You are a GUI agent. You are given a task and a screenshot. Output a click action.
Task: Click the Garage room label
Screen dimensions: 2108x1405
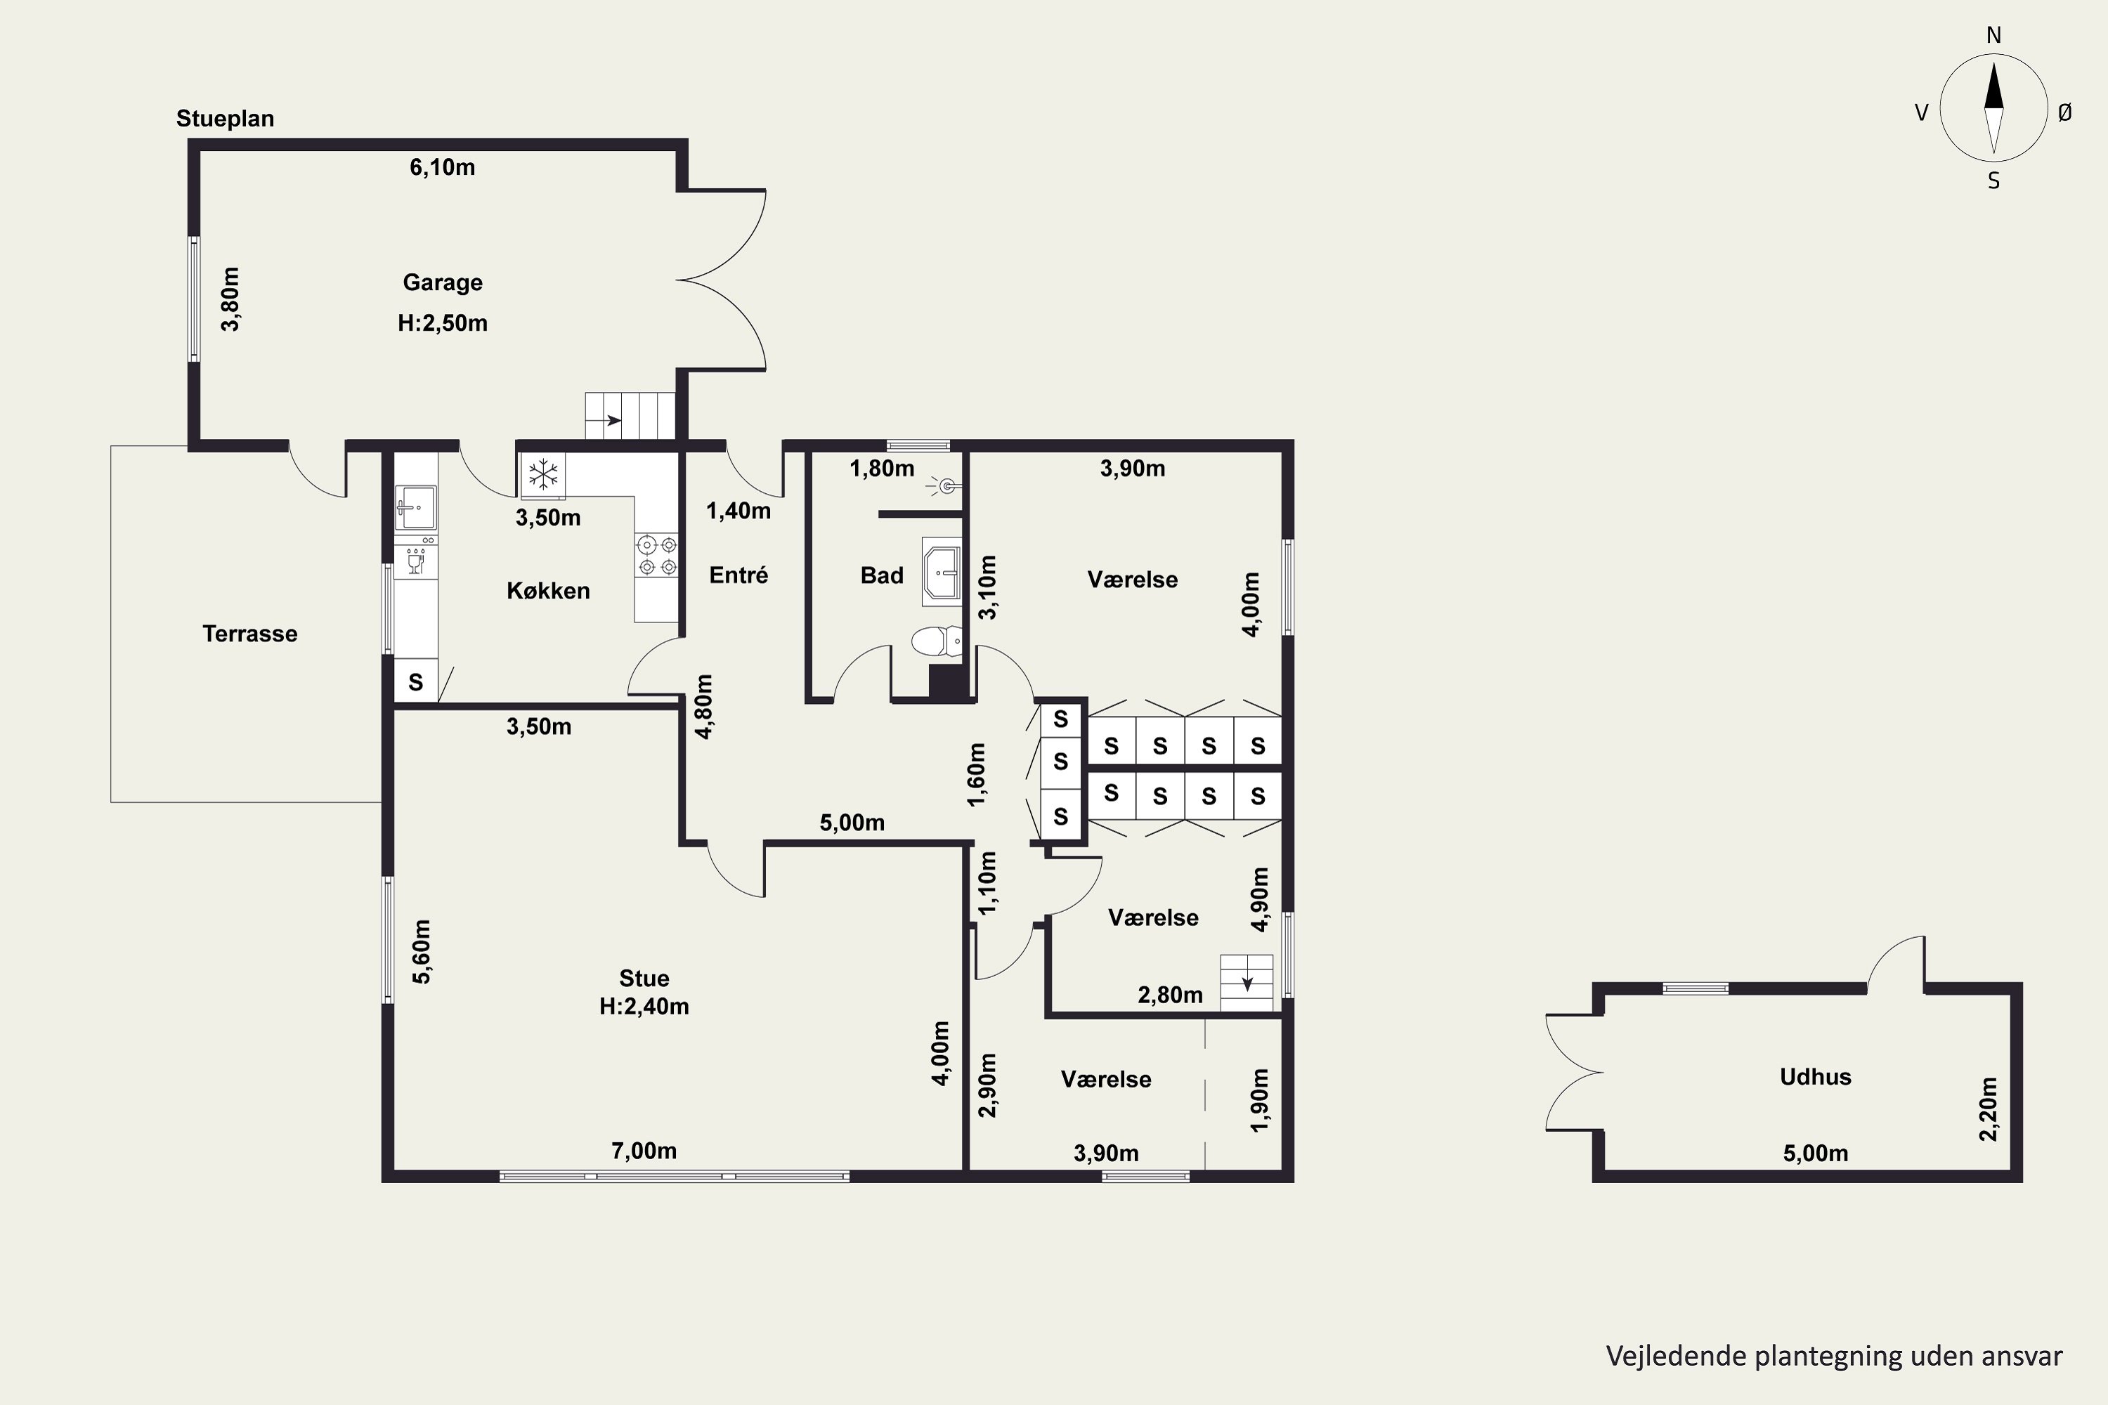pyautogui.click(x=443, y=282)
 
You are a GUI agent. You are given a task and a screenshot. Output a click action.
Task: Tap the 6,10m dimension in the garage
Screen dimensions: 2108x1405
pyautogui.click(x=443, y=168)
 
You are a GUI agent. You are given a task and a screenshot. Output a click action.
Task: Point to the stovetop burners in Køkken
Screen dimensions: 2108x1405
pyautogui.click(x=657, y=555)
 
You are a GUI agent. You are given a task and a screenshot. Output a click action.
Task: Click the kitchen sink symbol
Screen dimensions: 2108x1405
pyautogui.click(x=416, y=507)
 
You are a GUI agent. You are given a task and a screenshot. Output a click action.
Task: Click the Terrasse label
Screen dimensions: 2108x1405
pyautogui.click(x=250, y=634)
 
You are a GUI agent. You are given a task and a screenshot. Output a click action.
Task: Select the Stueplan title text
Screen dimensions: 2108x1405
pyautogui.click(x=225, y=118)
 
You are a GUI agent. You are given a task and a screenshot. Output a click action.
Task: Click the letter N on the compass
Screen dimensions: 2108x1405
pyautogui.click(x=1994, y=35)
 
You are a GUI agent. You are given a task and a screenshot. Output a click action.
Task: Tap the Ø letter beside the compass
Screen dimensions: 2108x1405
pyautogui.click(x=2065, y=112)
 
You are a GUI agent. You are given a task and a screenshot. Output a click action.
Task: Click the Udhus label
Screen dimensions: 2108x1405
pyautogui.click(x=1816, y=1076)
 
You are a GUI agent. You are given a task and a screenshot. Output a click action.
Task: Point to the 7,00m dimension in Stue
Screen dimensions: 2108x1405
pyautogui.click(x=644, y=1151)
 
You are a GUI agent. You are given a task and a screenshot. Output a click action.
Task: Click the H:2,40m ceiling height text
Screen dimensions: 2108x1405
pyautogui.click(x=644, y=1006)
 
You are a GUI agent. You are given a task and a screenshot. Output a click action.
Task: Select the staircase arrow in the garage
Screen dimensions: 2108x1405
pyautogui.click(x=613, y=420)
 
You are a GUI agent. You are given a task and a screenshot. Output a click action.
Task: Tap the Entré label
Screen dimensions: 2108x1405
pyautogui.click(x=739, y=575)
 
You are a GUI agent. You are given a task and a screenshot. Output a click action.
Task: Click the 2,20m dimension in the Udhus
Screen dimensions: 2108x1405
pyautogui.click(x=1988, y=1109)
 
